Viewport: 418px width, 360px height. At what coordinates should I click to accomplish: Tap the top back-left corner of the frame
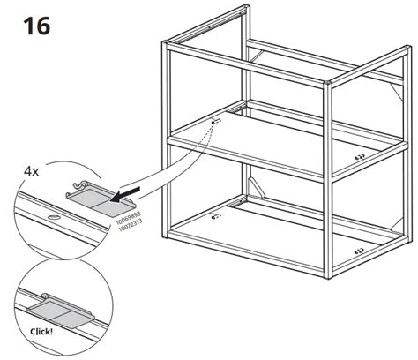tap(243, 9)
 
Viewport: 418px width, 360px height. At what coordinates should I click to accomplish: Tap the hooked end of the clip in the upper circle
tap(76, 184)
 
